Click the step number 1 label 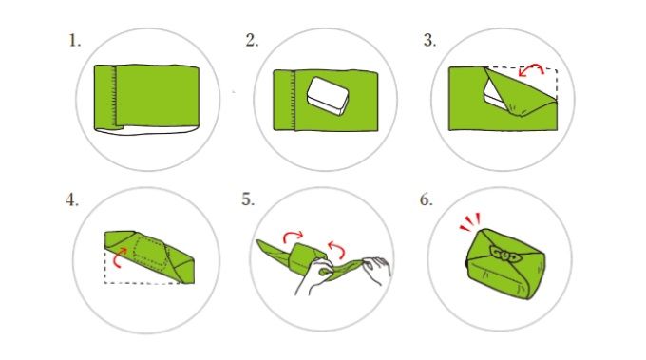[74, 41]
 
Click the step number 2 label [252, 41]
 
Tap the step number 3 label [429, 41]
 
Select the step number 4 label [72, 199]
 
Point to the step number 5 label [248, 199]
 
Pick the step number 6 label [427, 199]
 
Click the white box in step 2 [329, 96]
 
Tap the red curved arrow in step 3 [531, 68]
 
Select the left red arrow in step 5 [293, 236]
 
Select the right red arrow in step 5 [336, 249]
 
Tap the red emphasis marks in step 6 [470, 222]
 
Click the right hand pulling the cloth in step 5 [376, 270]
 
